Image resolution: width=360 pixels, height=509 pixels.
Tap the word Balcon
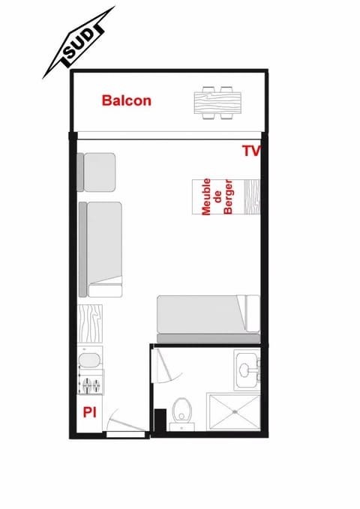click(127, 100)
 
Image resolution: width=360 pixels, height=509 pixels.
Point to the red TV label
click(250, 151)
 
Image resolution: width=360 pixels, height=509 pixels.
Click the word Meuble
click(206, 196)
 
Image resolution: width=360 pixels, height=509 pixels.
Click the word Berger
click(229, 198)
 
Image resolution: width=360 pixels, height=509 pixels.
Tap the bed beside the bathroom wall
click(207, 313)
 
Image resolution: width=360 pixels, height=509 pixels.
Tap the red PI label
click(89, 412)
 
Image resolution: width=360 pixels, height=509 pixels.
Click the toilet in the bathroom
click(181, 411)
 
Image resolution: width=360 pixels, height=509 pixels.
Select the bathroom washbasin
click(245, 369)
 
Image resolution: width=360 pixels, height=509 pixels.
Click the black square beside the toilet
click(159, 419)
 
